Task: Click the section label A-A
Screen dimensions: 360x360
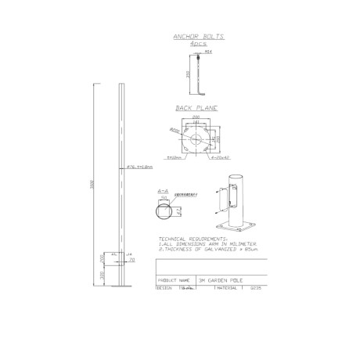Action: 164,189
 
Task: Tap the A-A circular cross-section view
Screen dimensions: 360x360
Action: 164,211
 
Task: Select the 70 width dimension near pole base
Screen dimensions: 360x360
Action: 129,262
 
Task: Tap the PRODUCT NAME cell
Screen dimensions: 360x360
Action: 175,279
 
